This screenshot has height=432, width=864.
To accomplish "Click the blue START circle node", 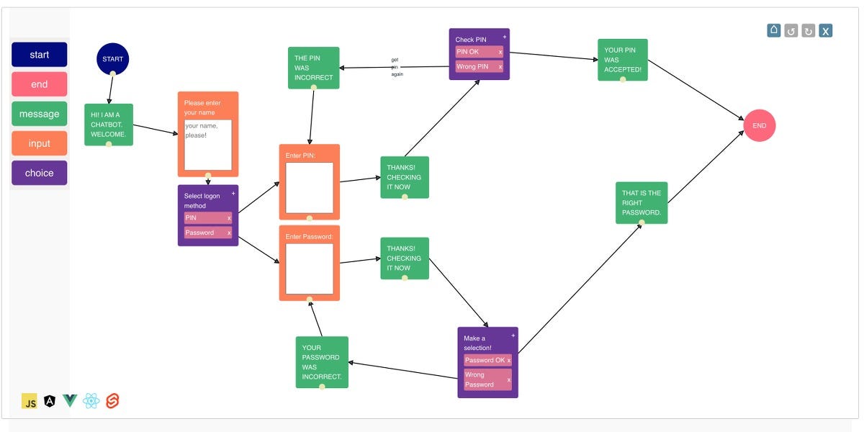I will [112, 59].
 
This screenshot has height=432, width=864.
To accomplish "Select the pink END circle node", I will [759, 125].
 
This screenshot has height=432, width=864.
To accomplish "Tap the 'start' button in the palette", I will [40, 55].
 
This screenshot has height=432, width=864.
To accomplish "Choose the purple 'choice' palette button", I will [40, 173].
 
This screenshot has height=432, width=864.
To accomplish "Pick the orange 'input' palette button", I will [40, 143].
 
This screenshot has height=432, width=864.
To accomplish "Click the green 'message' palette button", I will [40, 114].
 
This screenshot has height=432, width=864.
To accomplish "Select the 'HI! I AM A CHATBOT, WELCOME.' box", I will [109, 124].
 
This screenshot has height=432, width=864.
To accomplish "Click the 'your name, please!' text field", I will [208, 145].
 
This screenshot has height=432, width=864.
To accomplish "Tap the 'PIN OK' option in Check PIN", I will [475, 52].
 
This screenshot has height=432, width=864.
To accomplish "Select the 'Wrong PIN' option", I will [475, 67].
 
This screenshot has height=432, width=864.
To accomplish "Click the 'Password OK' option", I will [485, 360].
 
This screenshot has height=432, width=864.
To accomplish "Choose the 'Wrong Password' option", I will [485, 379].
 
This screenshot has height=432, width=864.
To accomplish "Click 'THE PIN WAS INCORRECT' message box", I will [313, 68].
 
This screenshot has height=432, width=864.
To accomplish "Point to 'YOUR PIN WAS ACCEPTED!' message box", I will [623, 60].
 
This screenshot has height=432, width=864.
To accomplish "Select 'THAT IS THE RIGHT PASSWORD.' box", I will [642, 202].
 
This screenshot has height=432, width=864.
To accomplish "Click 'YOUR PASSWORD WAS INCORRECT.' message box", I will [322, 362].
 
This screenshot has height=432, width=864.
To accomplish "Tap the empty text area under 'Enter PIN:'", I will [310, 188].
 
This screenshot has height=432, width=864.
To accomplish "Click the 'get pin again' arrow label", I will [395, 67].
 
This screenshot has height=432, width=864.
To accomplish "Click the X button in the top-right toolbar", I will [826, 30].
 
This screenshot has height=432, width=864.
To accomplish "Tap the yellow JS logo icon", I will [30, 402].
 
